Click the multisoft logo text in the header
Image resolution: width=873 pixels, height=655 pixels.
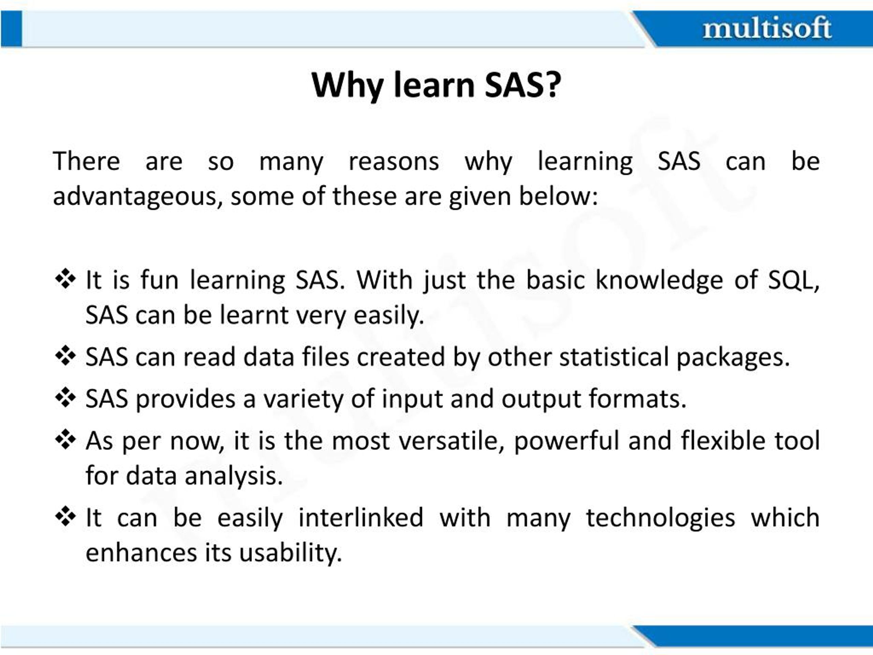[x=767, y=28]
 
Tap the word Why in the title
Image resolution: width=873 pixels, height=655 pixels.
[x=347, y=85]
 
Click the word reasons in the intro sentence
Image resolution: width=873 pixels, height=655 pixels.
[x=394, y=161]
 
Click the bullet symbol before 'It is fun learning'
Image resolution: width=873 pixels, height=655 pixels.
[x=65, y=279]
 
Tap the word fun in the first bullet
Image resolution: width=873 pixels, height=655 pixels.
[x=160, y=280]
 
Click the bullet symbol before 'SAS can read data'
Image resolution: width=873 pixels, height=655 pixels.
[x=65, y=356]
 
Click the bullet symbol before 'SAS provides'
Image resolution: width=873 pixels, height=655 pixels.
[x=65, y=397]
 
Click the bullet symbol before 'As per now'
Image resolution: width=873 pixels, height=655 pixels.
[x=65, y=439]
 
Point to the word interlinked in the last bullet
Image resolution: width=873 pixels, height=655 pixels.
[x=361, y=518]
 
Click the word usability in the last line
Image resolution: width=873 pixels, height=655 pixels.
[x=290, y=553]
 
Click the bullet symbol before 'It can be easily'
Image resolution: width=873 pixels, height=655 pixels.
[x=65, y=516]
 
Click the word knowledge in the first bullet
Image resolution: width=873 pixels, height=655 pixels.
[x=659, y=280]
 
